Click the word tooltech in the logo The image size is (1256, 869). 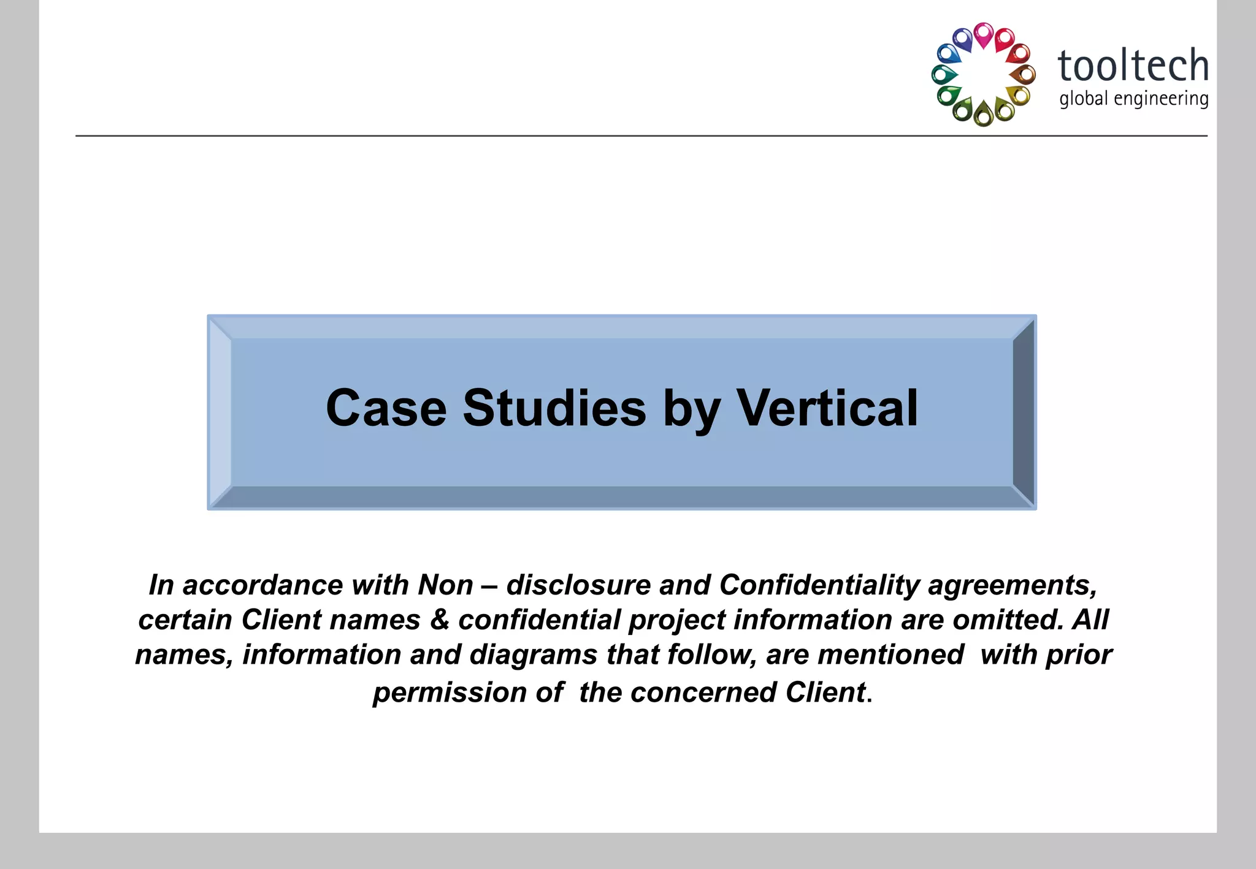pos(1133,66)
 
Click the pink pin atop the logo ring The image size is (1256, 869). pos(983,34)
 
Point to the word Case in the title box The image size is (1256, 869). pos(386,408)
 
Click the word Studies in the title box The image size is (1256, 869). pos(554,408)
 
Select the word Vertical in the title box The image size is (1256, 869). pos(827,408)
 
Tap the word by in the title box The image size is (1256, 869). pos(691,409)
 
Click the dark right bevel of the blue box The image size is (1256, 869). pos(1024,412)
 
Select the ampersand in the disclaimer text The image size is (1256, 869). pos(439,620)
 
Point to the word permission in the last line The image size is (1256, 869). pos(450,693)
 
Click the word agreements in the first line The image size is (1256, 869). pos(1012,586)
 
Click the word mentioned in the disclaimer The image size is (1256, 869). pos(890,655)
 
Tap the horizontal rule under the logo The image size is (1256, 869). pos(613,136)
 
